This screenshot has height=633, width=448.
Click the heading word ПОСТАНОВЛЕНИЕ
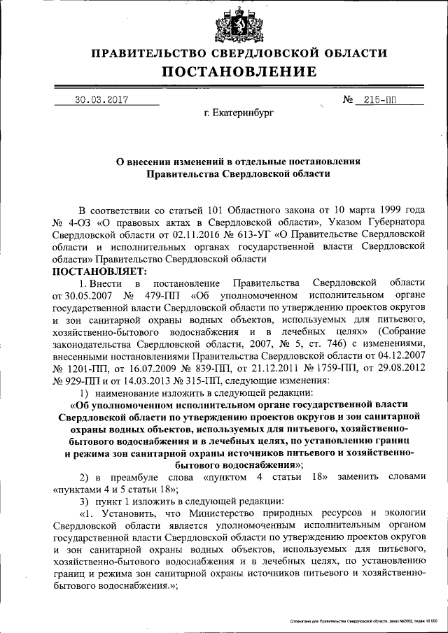[239, 71]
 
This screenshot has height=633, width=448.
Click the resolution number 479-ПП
[157, 295]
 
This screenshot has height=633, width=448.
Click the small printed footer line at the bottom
[360, 621]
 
